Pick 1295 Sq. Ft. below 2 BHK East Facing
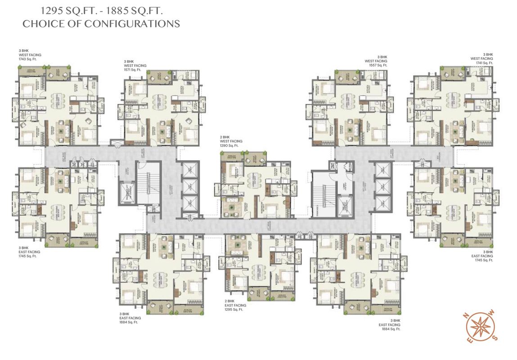(234, 310)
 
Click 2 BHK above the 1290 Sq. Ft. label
(225, 137)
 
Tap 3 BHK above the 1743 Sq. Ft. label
(23, 51)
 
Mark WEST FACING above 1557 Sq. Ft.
(376, 61)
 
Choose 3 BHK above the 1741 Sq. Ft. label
(488, 54)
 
